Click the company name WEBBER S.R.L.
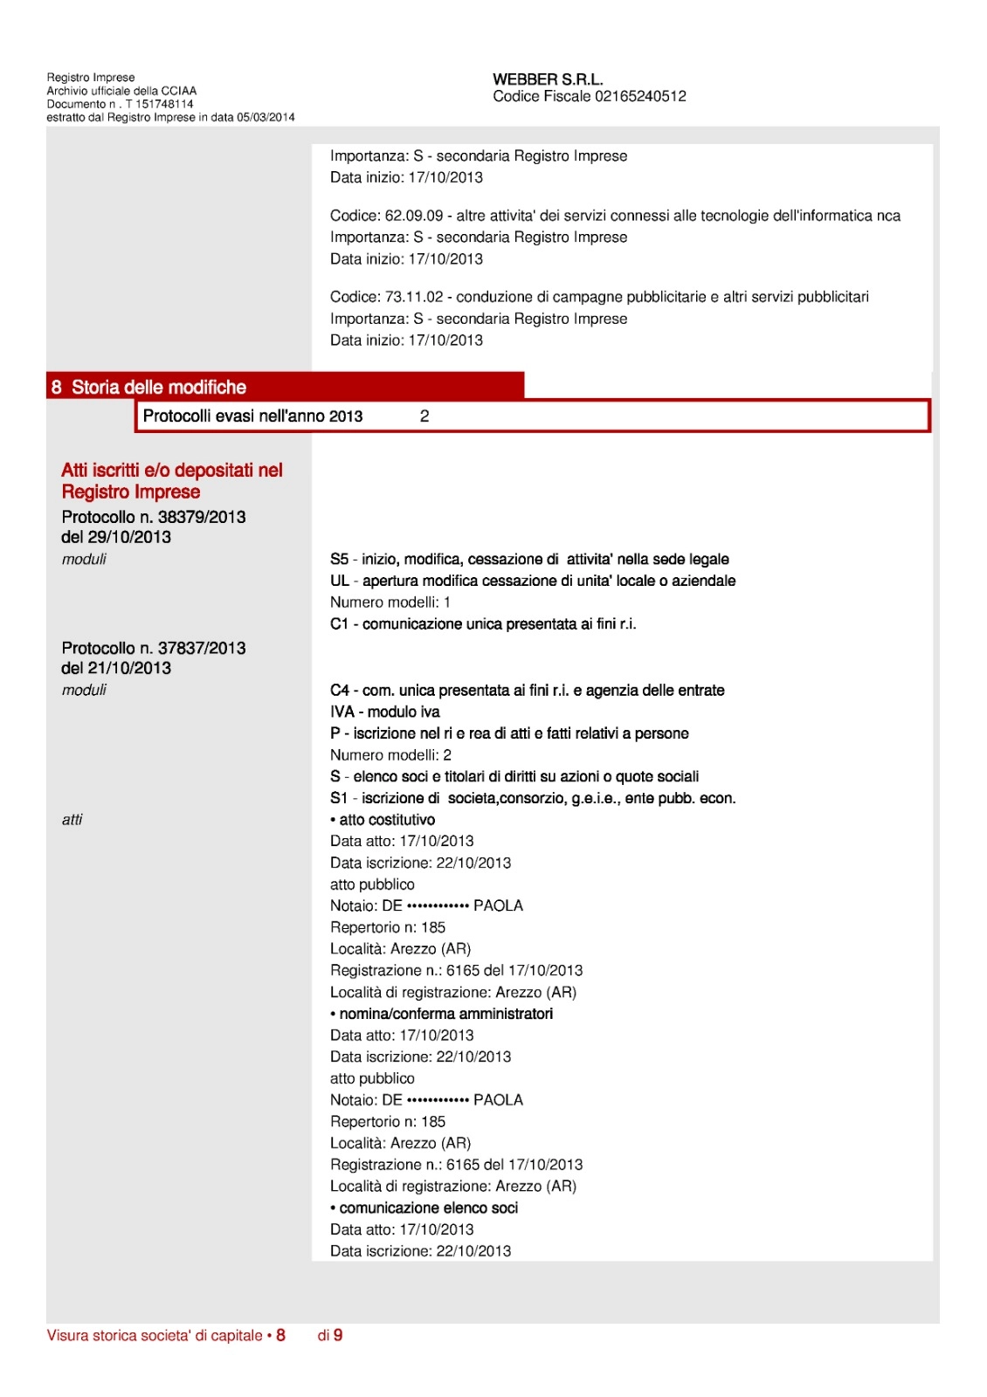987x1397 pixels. coord(548,79)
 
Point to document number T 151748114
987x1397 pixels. coord(159,104)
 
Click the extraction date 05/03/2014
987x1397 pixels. coord(266,117)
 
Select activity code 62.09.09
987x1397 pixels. coord(414,216)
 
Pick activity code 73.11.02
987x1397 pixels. coord(414,297)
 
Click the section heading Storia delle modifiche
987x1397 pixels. coord(158,387)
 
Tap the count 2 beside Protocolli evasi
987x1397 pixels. coord(424,416)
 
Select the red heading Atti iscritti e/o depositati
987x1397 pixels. coord(171,481)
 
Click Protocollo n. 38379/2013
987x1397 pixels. coord(154,517)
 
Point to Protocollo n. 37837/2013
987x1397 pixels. coord(154,648)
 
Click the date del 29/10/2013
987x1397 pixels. coord(116,537)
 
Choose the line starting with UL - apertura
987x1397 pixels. coord(532,581)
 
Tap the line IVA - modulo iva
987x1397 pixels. coord(384,712)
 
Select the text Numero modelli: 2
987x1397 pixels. coord(390,755)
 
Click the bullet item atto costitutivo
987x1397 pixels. coord(383,820)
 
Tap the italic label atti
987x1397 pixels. coord(72,820)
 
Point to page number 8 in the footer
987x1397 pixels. coord(280,1335)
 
